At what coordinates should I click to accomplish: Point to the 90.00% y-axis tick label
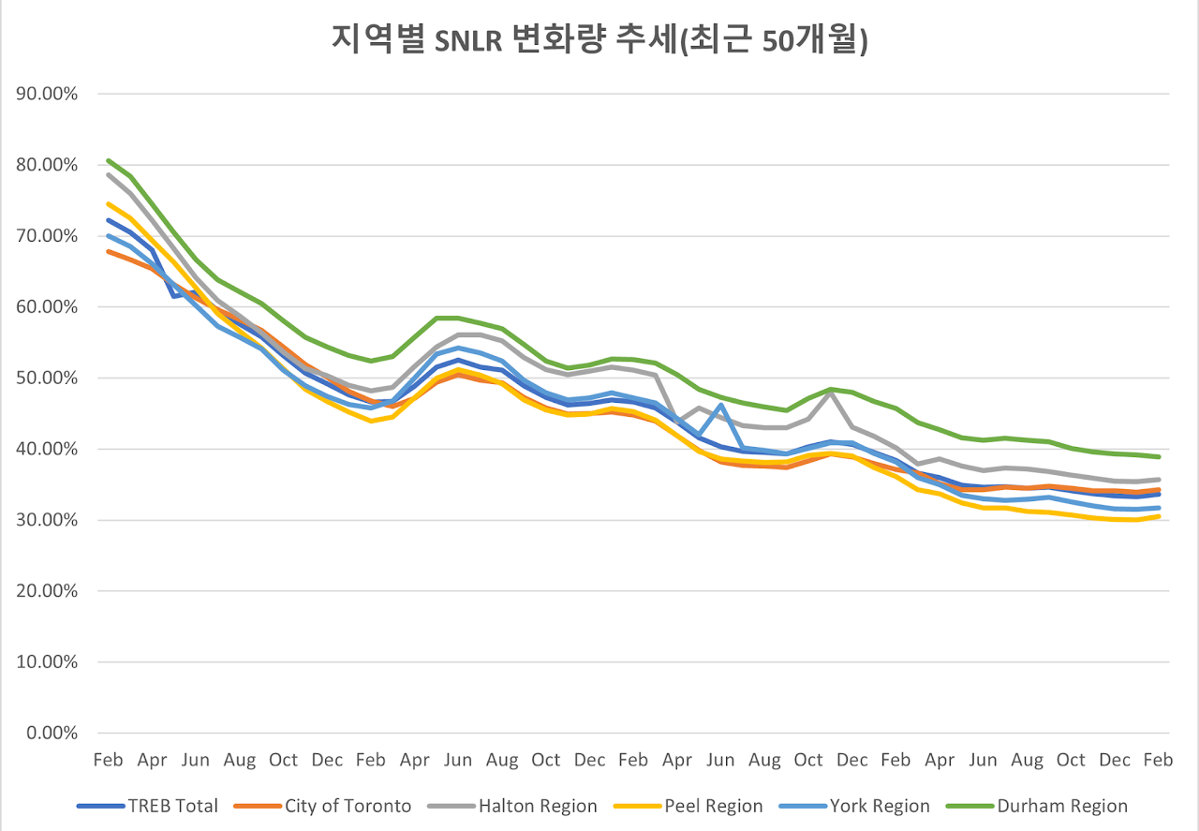[46, 94]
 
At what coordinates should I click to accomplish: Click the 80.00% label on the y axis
[46, 165]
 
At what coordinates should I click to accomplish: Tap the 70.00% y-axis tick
[46, 236]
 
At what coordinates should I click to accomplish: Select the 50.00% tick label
[46, 378]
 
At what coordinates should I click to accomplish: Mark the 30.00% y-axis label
[46, 520]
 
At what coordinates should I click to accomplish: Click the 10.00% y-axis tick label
[46, 662]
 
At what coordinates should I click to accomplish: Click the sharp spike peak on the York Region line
[720, 405]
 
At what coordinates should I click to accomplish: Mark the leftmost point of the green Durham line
[108, 160]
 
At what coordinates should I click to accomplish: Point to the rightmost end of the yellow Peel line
[1159, 516]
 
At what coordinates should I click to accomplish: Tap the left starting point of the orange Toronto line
[108, 251]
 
